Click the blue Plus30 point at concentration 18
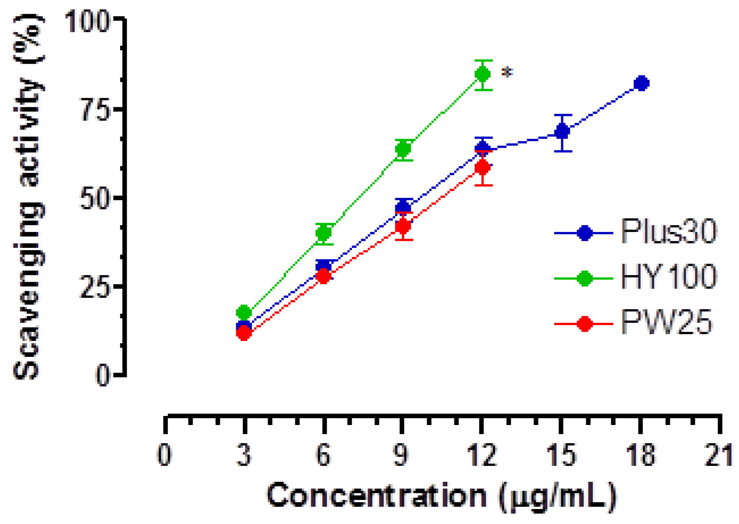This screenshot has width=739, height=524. [641, 84]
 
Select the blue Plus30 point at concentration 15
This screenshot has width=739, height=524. [562, 132]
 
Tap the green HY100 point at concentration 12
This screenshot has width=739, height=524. [483, 74]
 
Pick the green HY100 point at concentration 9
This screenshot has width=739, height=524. [403, 149]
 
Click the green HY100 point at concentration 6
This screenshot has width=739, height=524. [324, 233]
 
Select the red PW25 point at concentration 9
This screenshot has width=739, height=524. [403, 226]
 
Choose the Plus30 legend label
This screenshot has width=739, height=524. [668, 232]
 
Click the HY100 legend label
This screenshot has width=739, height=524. [668, 277]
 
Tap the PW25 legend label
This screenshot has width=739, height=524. [666, 323]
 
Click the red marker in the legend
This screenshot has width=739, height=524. [584, 324]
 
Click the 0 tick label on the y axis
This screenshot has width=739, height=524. [103, 376]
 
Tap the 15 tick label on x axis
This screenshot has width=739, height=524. [562, 455]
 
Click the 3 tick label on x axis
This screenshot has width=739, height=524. [244, 455]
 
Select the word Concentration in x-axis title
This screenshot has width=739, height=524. [377, 496]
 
